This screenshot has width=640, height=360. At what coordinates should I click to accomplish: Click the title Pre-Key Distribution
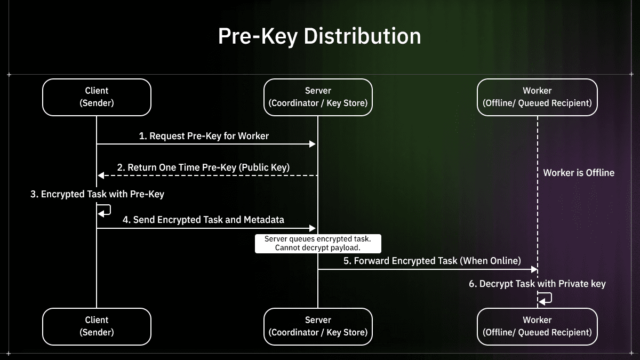[319, 36]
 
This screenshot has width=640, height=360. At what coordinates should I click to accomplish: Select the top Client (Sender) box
[97, 97]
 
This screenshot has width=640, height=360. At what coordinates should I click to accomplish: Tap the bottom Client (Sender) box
[97, 326]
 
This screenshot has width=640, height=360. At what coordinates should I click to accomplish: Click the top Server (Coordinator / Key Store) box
[318, 97]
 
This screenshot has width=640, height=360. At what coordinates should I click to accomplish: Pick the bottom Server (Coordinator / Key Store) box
[318, 326]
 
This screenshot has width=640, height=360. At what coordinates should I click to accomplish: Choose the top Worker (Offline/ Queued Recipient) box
[537, 97]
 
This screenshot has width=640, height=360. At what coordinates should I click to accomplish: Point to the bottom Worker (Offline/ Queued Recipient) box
[537, 326]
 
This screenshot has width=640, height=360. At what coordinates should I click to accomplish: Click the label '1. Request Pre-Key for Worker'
[204, 136]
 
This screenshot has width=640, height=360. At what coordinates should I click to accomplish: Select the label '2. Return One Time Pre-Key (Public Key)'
[203, 167]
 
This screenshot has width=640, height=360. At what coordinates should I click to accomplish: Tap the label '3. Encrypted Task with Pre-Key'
[97, 194]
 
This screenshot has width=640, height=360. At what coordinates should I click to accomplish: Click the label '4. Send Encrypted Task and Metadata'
[203, 220]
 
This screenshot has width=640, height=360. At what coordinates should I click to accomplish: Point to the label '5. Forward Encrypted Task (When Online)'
[432, 261]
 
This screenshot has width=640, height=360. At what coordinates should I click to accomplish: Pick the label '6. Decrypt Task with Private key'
[537, 284]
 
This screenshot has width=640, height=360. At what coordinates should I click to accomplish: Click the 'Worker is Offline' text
[579, 173]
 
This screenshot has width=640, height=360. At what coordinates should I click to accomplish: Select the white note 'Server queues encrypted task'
[317, 243]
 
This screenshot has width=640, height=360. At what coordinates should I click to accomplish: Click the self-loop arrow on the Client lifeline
[105, 211]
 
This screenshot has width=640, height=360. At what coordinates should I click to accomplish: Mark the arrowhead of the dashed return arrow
[101, 175]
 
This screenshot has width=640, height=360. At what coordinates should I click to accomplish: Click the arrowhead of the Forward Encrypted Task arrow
[533, 269]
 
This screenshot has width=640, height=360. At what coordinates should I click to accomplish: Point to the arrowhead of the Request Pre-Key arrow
[313, 144]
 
